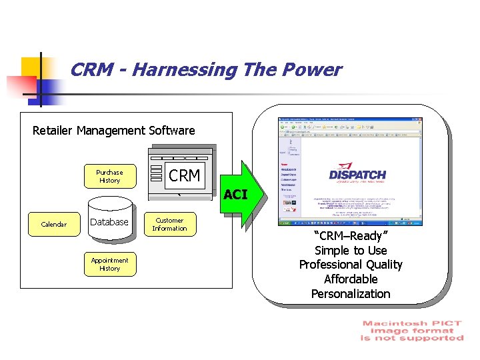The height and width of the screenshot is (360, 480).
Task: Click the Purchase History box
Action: [x=109, y=177]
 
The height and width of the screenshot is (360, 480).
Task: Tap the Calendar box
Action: [x=53, y=225]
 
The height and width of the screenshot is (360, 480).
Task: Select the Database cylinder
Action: [x=109, y=222]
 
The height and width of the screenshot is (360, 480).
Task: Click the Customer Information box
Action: [x=169, y=225]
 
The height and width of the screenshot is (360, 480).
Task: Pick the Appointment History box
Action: [x=109, y=265]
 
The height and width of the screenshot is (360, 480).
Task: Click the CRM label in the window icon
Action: [x=185, y=176]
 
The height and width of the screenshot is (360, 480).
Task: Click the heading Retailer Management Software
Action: [x=114, y=131]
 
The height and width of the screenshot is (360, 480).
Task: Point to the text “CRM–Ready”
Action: [x=351, y=236]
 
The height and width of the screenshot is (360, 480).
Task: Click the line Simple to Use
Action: [x=351, y=251]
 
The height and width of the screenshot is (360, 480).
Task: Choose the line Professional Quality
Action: [x=351, y=265]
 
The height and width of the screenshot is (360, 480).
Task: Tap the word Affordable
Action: [x=351, y=279]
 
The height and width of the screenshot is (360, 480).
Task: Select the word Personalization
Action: [x=351, y=294]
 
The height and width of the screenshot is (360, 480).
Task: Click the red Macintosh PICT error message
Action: [x=411, y=331]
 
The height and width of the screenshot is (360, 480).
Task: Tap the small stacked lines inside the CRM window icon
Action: [x=157, y=173]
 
